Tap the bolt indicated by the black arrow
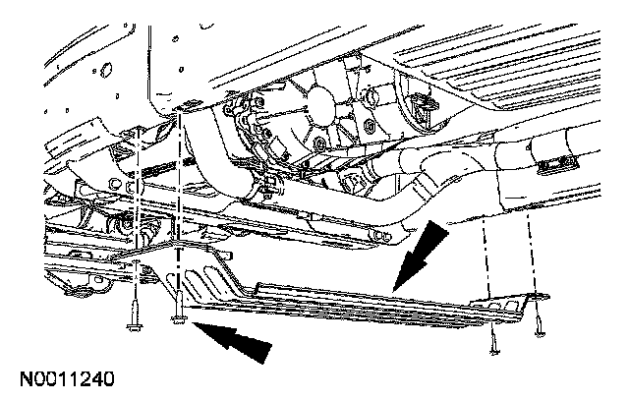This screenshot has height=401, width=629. [x=178, y=316]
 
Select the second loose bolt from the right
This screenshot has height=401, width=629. [x=493, y=340]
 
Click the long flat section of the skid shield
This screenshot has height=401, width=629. [x=373, y=300]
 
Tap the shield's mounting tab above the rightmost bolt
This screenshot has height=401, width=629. [x=536, y=296]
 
